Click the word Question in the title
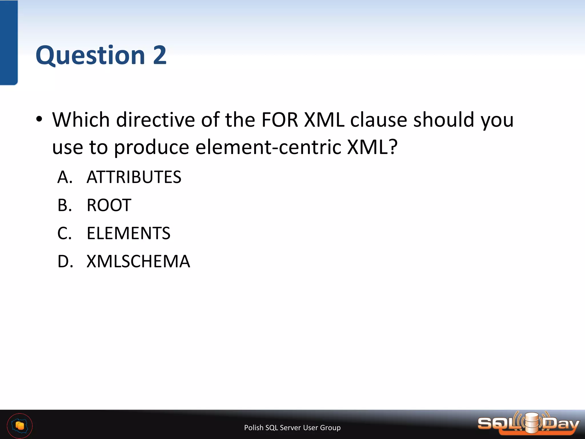click(x=90, y=55)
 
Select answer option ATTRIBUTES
click(x=134, y=177)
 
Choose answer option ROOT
click(x=109, y=205)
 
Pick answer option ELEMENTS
click(x=128, y=233)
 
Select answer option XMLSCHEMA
click(x=138, y=261)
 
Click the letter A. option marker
click(x=65, y=177)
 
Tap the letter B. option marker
click(x=65, y=205)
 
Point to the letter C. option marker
click(x=65, y=233)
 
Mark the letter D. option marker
click(x=65, y=261)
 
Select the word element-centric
click(x=268, y=147)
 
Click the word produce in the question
click(x=152, y=148)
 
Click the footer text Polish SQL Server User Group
click(x=292, y=428)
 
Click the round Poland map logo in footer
click(x=20, y=426)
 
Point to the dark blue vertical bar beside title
click(x=9, y=43)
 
